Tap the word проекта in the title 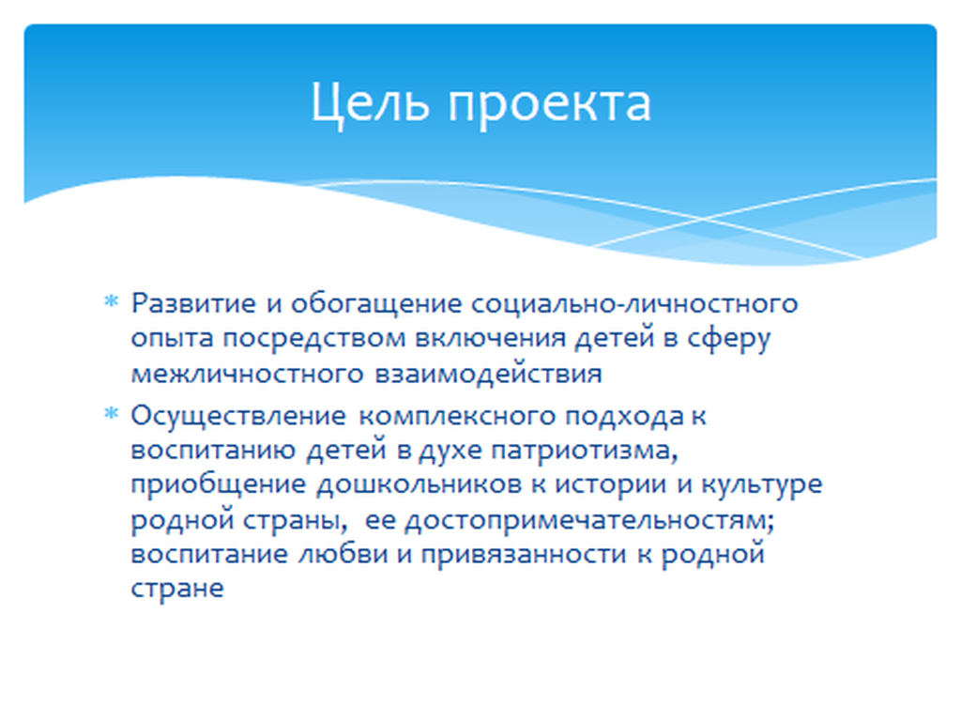coord(549,105)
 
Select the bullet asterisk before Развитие coord(111,301)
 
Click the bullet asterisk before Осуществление coord(111,413)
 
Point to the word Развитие coord(193,304)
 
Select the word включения coord(490,339)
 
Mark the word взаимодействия coord(488,374)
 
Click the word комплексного coord(457,417)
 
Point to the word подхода coord(624,417)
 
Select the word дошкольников coord(419,485)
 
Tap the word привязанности coord(524,555)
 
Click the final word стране coord(177,589)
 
